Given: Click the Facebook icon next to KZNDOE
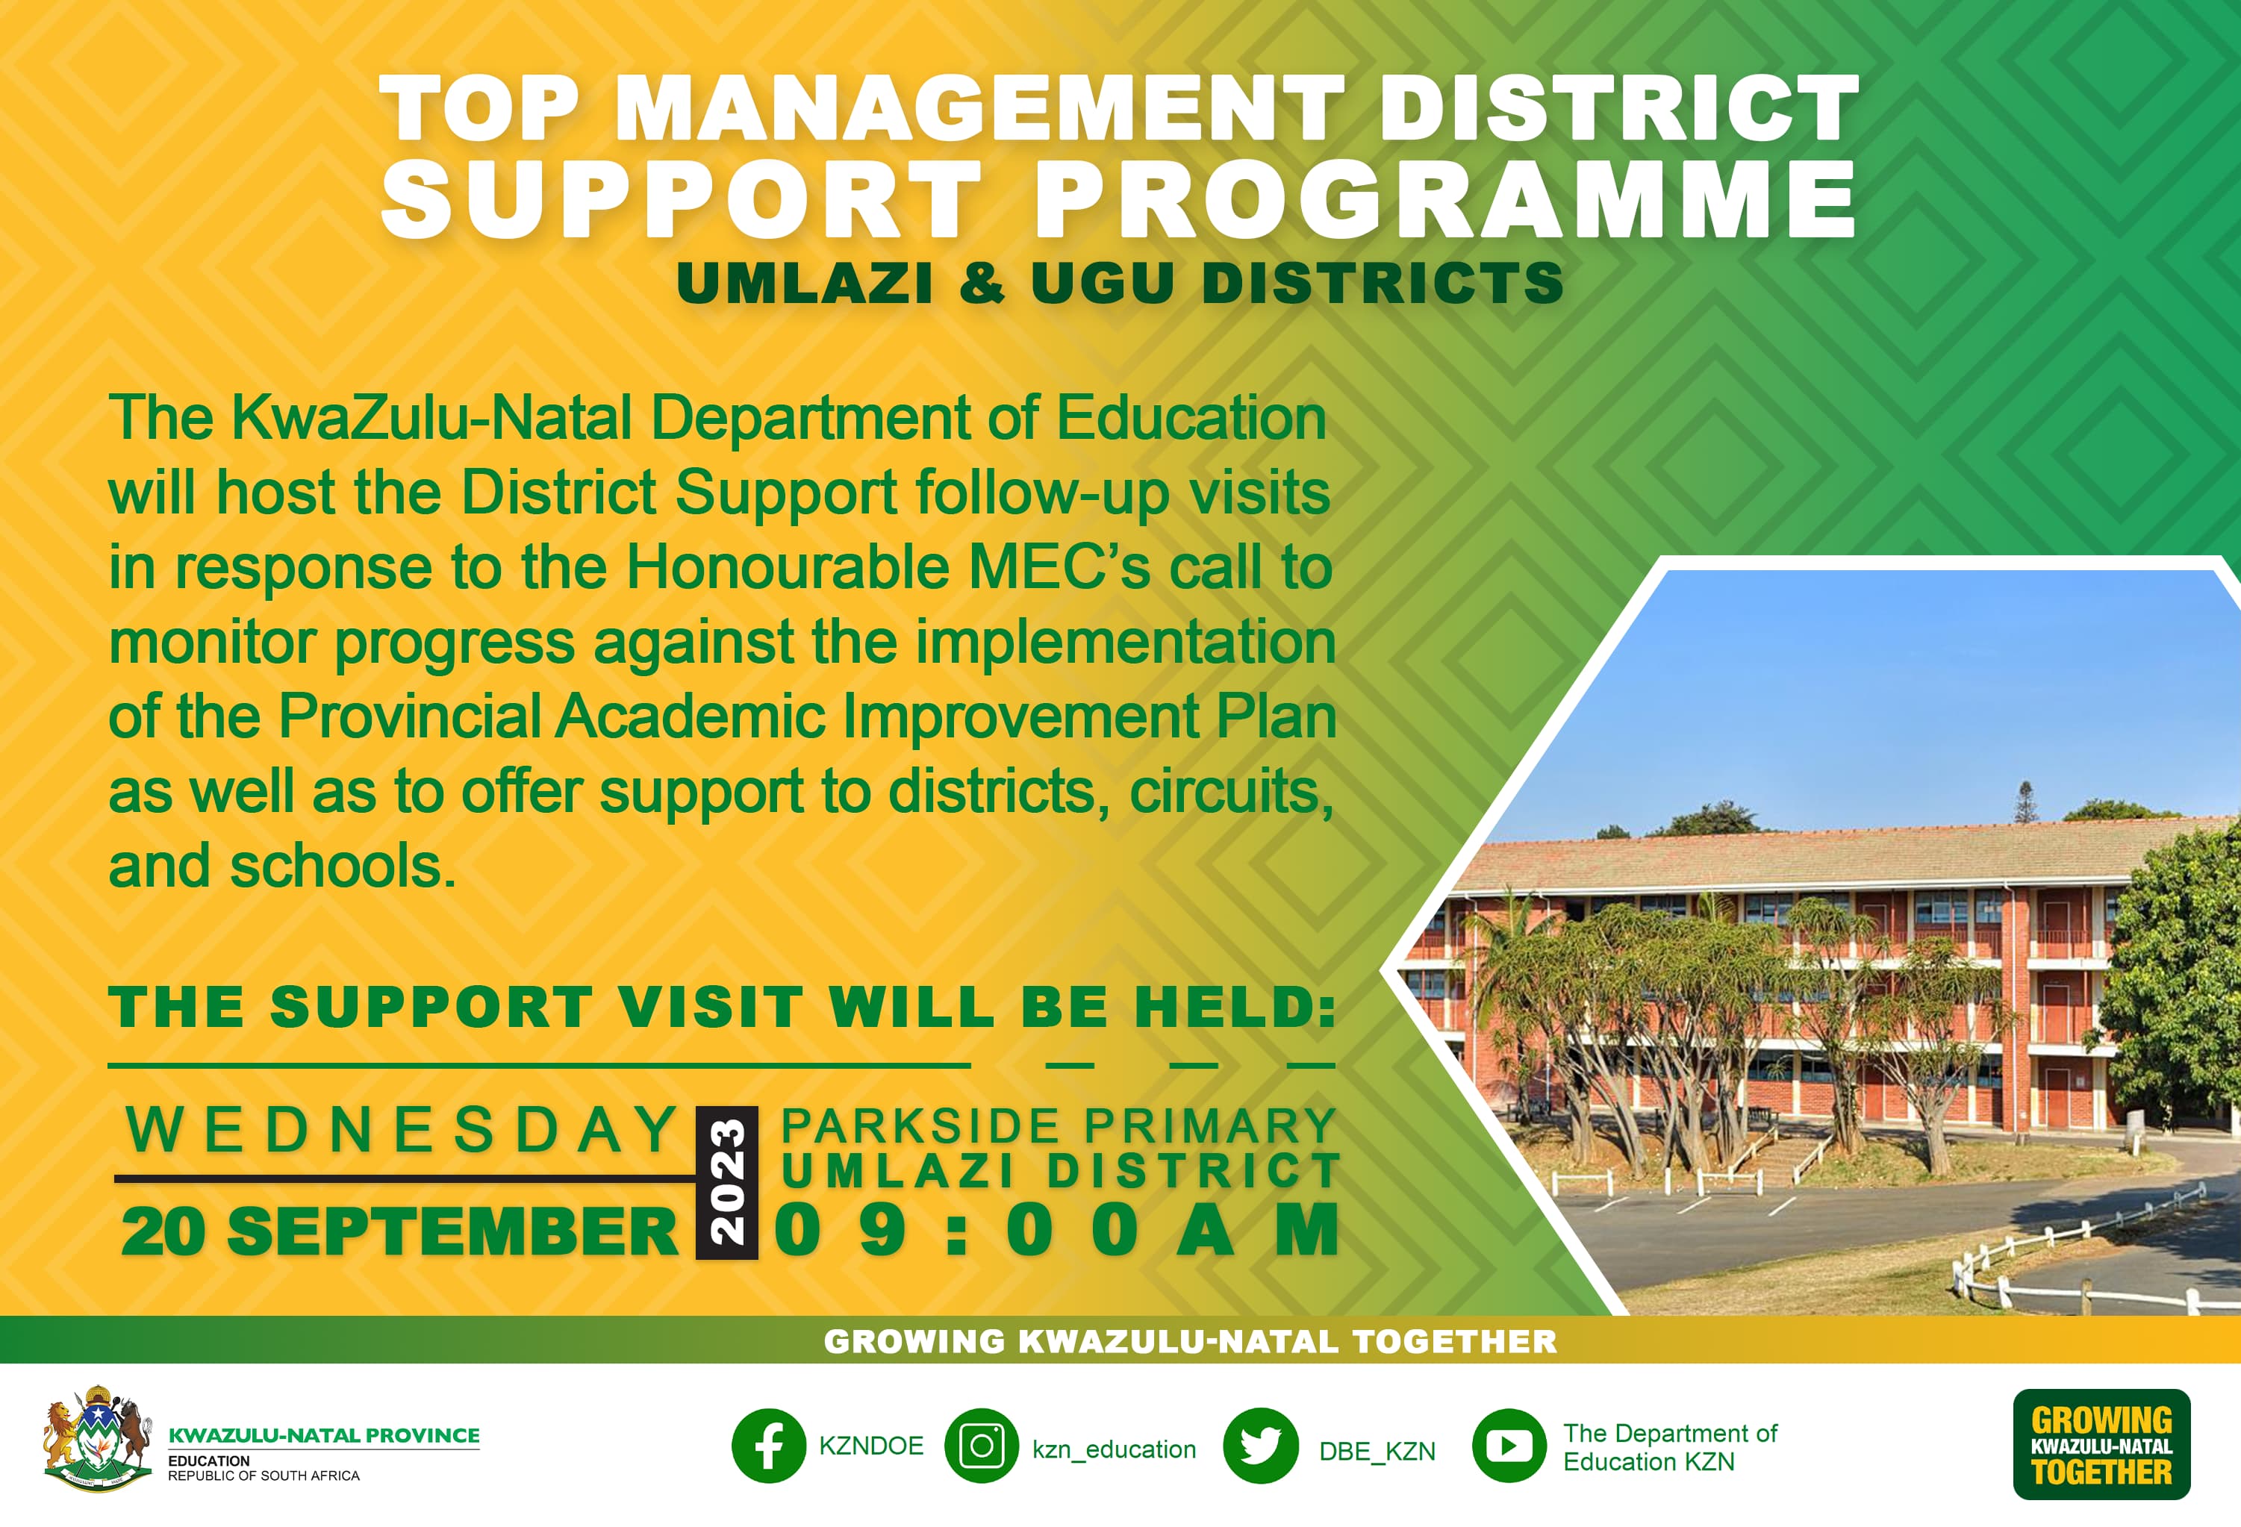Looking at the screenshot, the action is [769, 1446].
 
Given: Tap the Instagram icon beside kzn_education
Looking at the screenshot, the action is [982, 1446].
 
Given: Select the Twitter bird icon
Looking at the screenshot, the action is [1260, 1446].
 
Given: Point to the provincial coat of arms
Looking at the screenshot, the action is [96, 1439].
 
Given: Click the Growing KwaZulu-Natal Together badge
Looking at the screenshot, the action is [2101, 1444].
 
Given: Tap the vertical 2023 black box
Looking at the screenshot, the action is [727, 1183].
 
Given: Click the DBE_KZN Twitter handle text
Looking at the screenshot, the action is [1377, 1451].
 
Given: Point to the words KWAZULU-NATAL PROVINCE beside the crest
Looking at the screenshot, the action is [324, 1435].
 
